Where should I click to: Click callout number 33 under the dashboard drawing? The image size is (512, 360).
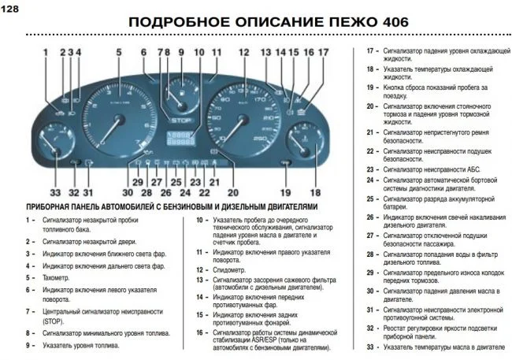(x=54, y=192)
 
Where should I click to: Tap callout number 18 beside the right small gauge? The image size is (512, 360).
(x=316, y=192)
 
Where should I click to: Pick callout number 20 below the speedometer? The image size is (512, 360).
(x=232, y=192)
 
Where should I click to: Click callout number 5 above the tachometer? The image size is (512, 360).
(x=119, y=53)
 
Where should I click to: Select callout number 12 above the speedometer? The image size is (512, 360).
(x=243, y=53)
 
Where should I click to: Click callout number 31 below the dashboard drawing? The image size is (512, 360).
(x=88, y=192)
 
